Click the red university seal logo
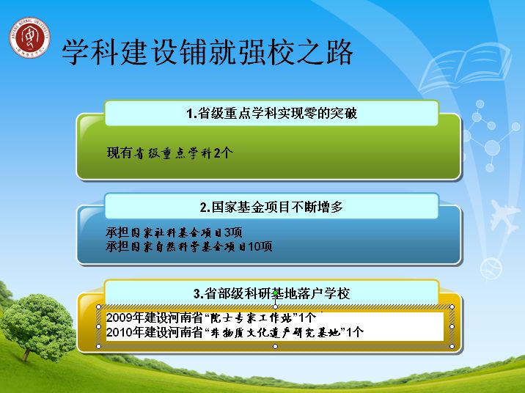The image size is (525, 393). click(x=29, y=37)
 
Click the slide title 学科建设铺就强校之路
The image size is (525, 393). click(x=208, y=52)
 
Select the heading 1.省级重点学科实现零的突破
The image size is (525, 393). click(x=271, y=113)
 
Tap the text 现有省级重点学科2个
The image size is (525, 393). click(x=170, y=153)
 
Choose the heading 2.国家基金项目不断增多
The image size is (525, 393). click(x=271, y=207)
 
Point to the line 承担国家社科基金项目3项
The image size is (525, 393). click(x=174, y=232)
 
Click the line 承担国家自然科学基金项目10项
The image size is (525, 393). click(x=189, y=246)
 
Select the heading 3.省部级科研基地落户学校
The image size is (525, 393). click(x=271, y=293)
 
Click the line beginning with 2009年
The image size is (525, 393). click(x=211, y=317)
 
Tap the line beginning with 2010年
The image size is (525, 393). click(x=235, y=332)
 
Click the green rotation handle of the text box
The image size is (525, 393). click(x=275, y=293)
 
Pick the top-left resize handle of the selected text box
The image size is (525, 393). click(x=98, y=307)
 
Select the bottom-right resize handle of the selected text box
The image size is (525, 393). click(x=452, y=346)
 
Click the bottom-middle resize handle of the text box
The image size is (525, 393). click(x=275, y=346)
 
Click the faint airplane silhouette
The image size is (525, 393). click(x=504, y=216)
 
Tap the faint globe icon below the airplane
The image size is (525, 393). click(x=491, y=268)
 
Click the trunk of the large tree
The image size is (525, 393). click(x=27, y=353)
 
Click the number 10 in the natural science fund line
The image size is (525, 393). click(x=254, y=246)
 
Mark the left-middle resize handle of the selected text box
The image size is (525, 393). click(x=98, y=326)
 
